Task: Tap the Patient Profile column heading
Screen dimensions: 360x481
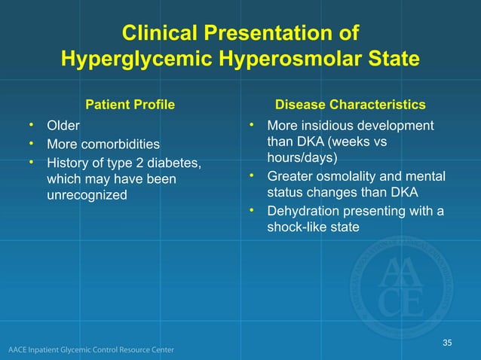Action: click(131, 104)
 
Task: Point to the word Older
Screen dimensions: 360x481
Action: click(63, 125)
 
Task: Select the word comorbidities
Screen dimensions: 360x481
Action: click(123, 143)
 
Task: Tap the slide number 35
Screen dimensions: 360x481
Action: click(447, 343)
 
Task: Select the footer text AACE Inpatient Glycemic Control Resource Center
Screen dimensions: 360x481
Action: click(91, 350)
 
